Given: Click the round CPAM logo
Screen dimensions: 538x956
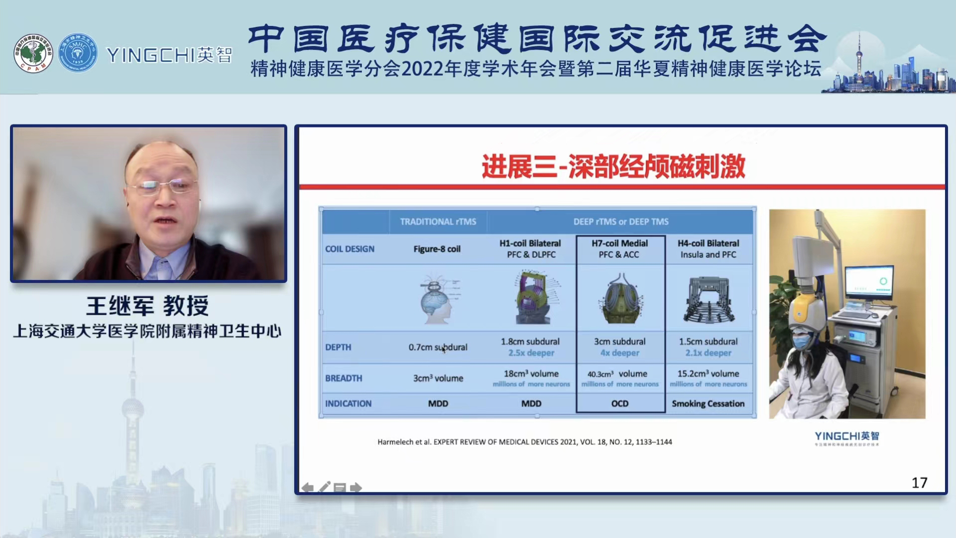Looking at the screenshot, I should pos(33,53).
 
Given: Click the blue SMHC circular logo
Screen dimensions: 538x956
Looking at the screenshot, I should pos(78,53).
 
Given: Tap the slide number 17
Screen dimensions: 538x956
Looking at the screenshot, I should pos(919,482).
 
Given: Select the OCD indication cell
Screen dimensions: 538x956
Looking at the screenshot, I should pos(620,403).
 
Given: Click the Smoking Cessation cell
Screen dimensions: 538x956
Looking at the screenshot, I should pos(708,403).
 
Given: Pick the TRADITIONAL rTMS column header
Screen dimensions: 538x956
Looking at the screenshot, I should pos(438,222).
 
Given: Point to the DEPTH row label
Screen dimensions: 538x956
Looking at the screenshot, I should pos(338,347).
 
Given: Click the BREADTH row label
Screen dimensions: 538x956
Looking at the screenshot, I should pos(344,378).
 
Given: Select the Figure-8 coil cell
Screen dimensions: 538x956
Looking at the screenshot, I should pos(437,249).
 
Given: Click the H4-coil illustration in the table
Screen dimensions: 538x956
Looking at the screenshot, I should pos(709,299).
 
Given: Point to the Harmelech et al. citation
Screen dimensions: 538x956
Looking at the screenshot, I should pos(524,442).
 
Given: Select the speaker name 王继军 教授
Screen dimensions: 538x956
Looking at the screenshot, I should pos(148,305).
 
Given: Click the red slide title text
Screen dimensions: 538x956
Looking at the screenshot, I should pos(613,166).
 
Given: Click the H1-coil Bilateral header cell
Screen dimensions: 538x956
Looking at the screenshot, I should pos(530,249).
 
